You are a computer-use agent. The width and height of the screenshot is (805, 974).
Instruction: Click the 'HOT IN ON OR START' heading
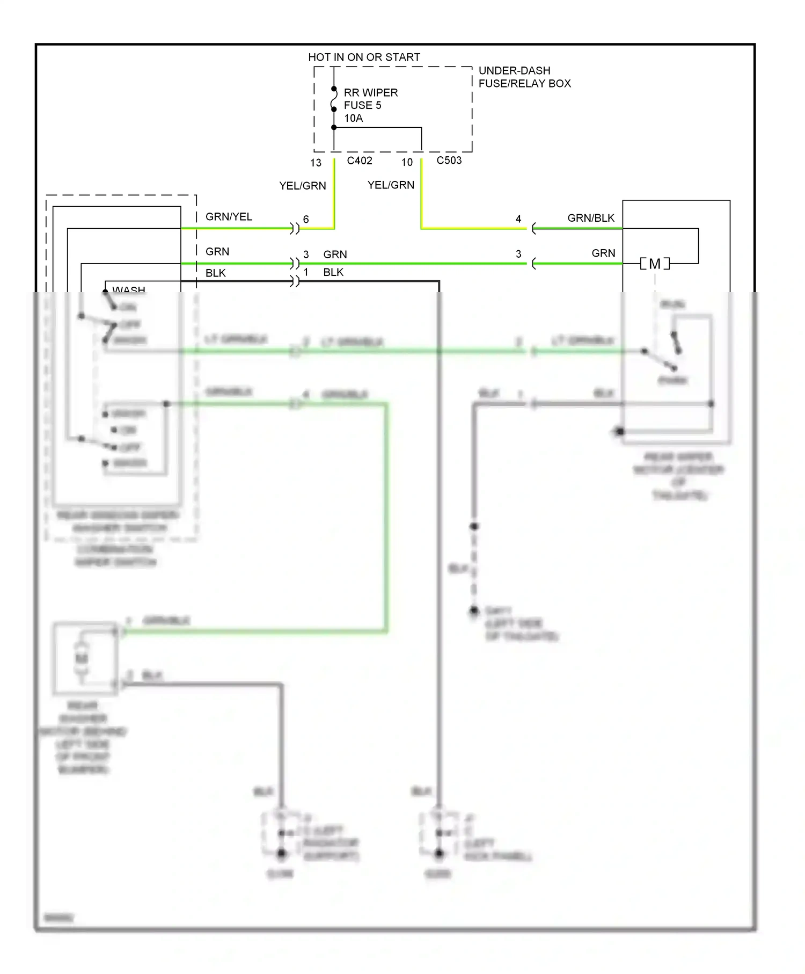[x=364, y=57]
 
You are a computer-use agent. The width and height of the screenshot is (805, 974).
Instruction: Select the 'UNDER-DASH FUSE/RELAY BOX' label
[x=524, y=77]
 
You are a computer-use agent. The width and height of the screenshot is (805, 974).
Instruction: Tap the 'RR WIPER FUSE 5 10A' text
[x=370, y=105]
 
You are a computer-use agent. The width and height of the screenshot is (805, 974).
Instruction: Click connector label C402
[x=359, y=161]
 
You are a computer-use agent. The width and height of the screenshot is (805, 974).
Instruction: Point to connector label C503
[x=449, y=160]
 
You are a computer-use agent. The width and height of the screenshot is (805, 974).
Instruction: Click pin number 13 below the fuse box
[x=316, y=163]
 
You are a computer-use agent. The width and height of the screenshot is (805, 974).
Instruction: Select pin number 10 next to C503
[x=407, y=162]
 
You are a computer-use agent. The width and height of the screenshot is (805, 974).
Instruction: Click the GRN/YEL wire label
[x=229, y=216]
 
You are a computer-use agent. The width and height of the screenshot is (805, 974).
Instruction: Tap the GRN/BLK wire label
[x=590, y=218]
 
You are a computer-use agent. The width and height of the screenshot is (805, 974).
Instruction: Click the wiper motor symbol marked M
[x=655, y=264]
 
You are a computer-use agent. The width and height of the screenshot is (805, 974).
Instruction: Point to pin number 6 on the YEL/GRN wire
[x=306, y=219]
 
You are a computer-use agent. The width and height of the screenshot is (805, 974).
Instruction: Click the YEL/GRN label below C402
[x=302, y=186]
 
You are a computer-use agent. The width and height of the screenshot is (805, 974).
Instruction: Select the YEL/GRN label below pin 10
[x=391, y=185]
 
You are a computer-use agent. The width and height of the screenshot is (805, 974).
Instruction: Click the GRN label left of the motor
[x=603, y=253]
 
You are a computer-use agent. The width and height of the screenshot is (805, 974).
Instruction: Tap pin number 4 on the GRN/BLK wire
[x=518, y=219]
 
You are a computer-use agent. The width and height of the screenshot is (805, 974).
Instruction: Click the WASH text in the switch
[x=129, y=289]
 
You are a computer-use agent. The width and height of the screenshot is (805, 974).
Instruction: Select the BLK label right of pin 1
[x=333, y=272]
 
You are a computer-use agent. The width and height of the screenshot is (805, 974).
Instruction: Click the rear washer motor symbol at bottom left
[x=82, y=658]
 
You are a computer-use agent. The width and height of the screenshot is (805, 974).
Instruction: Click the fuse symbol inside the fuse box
[x=334, y=99]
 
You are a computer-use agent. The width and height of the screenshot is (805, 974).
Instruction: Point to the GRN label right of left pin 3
[x=335, y=255]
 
